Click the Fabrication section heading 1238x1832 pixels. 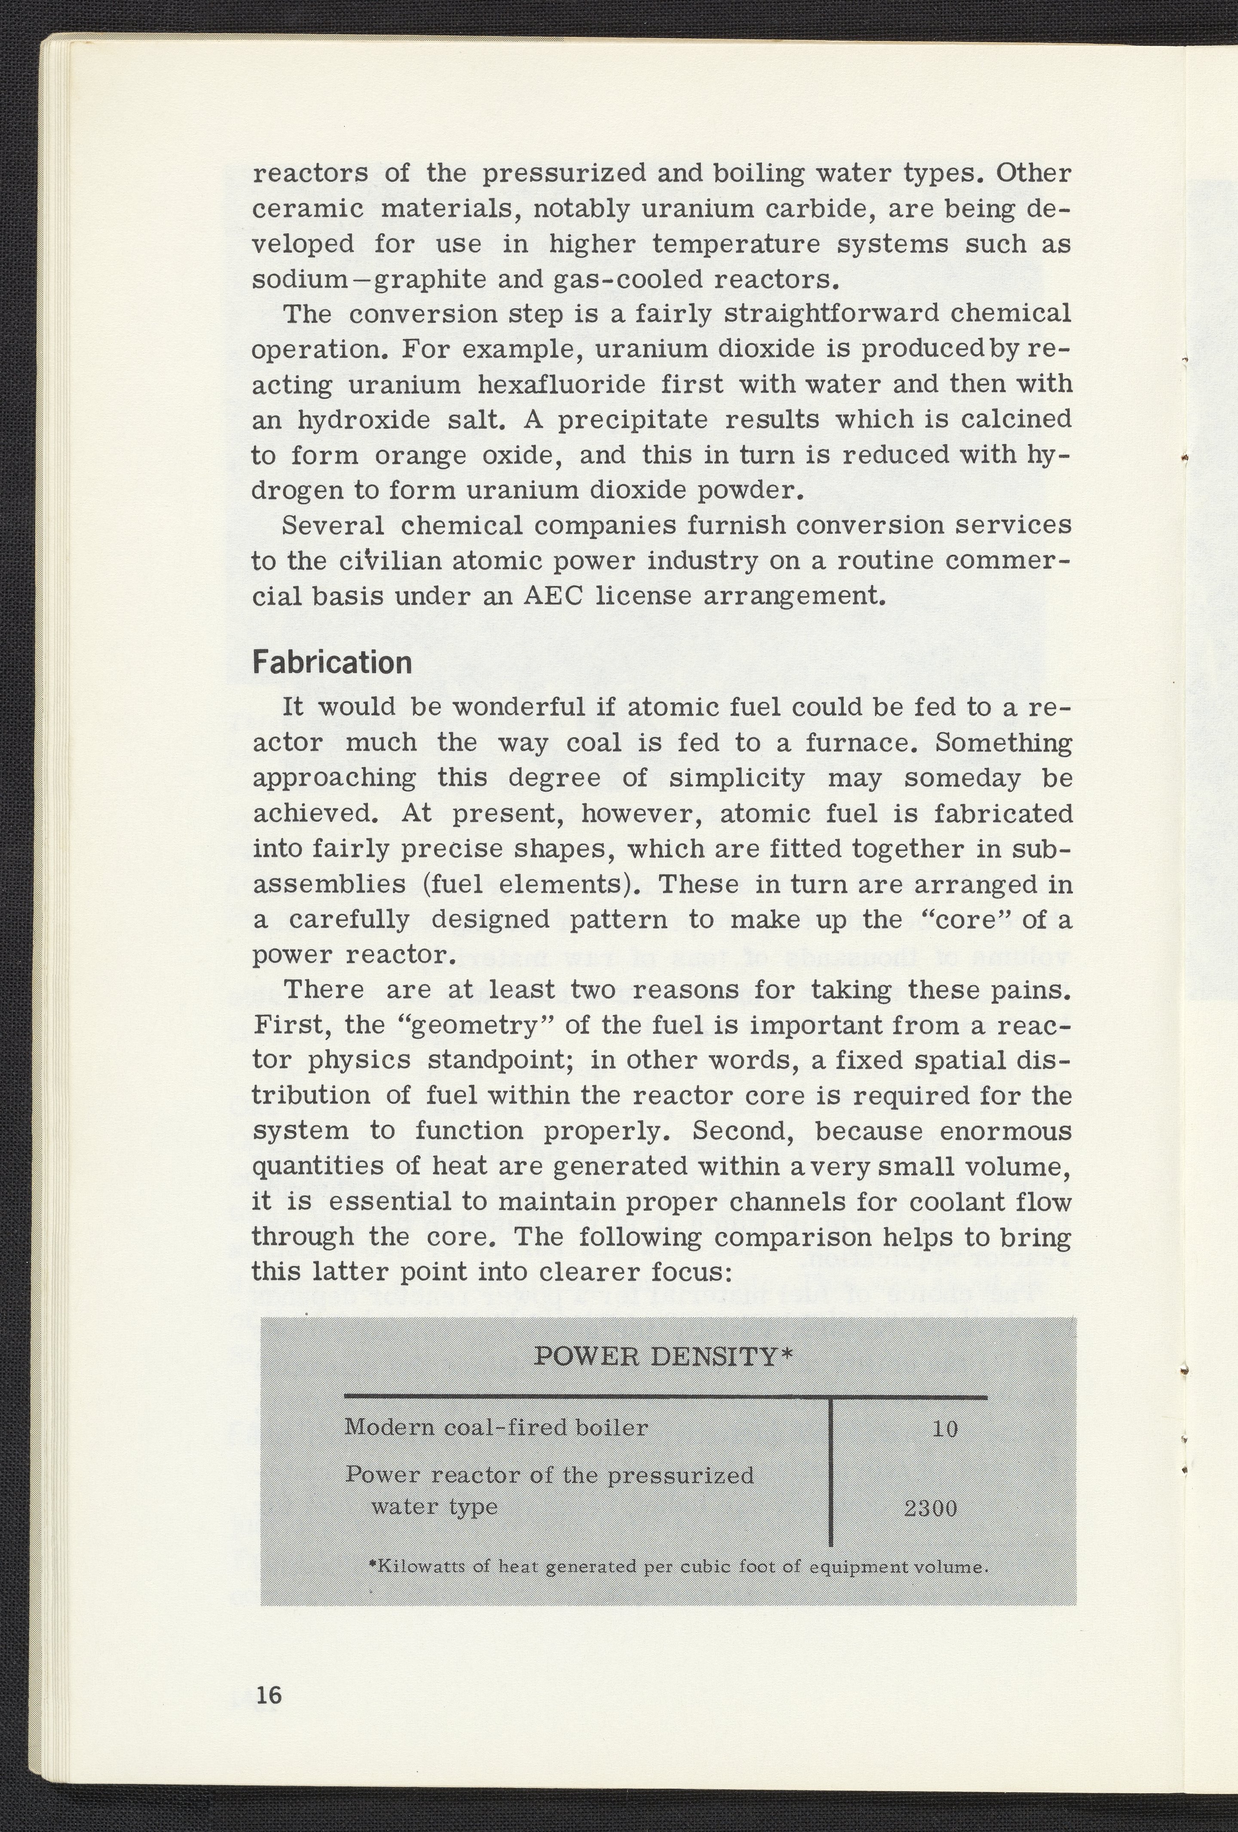click(x=332, y=662)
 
